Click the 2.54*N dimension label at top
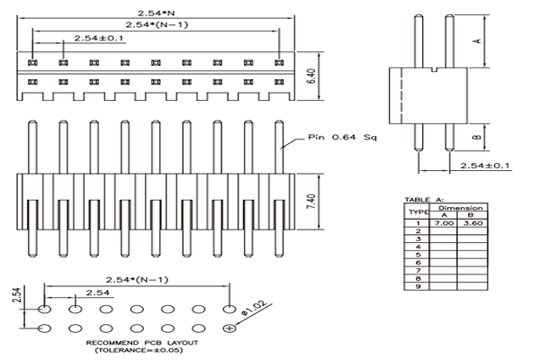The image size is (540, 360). click(157, 13)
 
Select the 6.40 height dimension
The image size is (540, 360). click(310, 76)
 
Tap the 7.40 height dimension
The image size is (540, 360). click(310, 202)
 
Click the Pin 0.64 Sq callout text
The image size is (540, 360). click(342, 137)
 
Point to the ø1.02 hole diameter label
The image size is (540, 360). click(254, 309)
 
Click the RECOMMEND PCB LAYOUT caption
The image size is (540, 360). click(142, 343)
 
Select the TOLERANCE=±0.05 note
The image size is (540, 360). click(139, 350)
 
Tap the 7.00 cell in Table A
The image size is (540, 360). click(444, 223)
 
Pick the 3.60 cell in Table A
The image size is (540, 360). click(472, 223)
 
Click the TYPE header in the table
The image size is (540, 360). click(418, 211)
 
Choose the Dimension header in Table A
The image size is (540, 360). click(461, 208)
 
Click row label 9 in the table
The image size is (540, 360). click(418, 286)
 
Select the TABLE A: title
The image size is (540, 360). click(424, 200)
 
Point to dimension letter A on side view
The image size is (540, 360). click(478, 40)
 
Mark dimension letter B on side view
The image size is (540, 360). click(477, 137)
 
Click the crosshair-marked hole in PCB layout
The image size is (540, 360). click(229, 328)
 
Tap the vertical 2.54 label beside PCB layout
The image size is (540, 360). click(17, 294)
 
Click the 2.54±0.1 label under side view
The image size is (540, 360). click(484, 166)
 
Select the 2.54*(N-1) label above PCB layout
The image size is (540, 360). click(137, 279)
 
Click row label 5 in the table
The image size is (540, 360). click(418, 255)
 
